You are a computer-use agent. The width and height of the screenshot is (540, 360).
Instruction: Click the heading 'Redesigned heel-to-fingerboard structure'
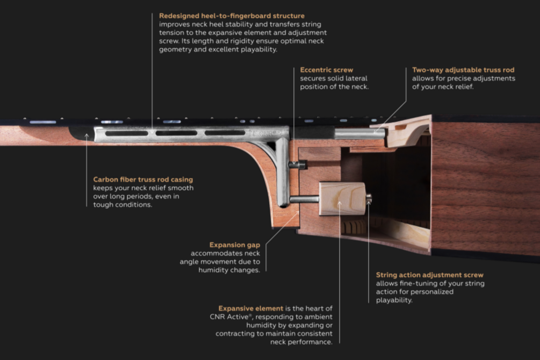coord(232,16)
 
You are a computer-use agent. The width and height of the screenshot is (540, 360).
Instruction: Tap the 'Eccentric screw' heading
coord(327,70)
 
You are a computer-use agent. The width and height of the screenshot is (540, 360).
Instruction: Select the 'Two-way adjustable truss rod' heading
coord(463,70)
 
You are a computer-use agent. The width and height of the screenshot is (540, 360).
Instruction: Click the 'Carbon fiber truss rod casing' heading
coord(143,179)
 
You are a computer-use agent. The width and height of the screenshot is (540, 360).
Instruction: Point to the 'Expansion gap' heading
coord(234,245)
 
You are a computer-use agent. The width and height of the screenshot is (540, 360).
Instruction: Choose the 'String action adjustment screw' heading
coord(430,275)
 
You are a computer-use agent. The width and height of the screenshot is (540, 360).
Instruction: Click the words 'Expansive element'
coord(251,308)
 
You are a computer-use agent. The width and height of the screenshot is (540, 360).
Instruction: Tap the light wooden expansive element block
coord(342,199)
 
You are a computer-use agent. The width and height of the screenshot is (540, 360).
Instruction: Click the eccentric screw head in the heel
coord(298,165)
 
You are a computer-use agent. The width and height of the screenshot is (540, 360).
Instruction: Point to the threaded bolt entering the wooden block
coord(305,199)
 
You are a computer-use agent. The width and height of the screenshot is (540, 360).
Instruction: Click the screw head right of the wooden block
coord(369,199)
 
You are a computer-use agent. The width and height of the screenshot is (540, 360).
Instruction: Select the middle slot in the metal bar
coord(176,133)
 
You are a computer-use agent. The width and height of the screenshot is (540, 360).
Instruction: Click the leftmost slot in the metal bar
coord(126,133)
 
